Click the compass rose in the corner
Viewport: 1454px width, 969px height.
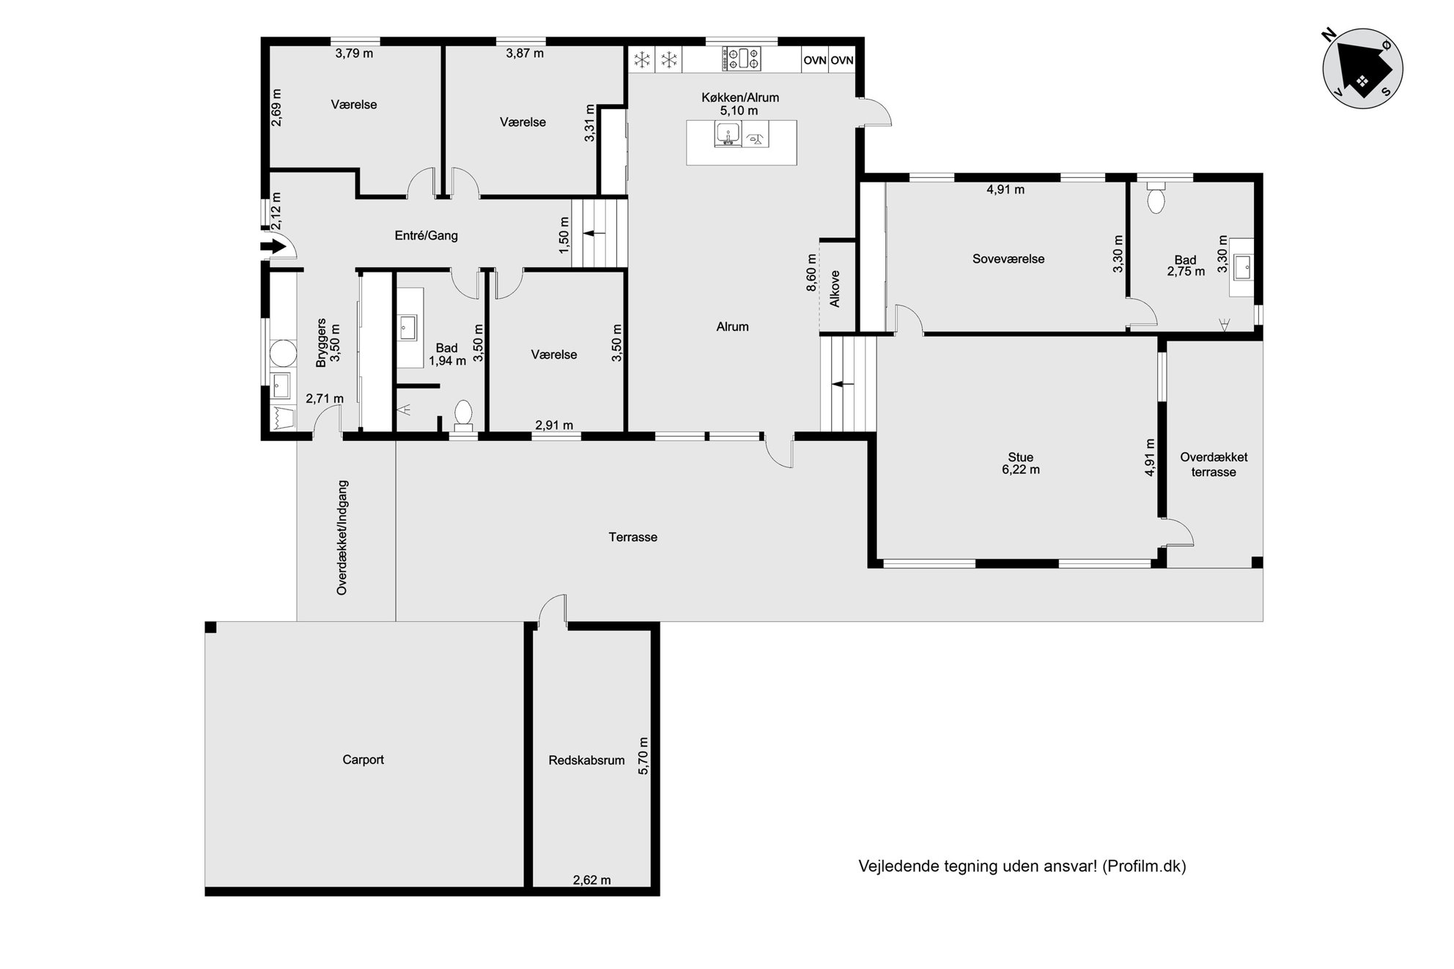[x=1362, y=69]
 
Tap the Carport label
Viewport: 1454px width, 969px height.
[x=363, y=760]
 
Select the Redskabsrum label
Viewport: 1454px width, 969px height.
[x=586, y=761]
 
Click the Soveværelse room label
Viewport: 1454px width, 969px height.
[x=1008, y=259]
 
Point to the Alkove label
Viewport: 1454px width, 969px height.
[x=835, y=289]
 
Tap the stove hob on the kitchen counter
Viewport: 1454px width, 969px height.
[x=742, y=59]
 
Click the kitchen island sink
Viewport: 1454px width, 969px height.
[x=727, y=135]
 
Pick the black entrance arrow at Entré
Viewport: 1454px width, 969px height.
[x=273, y=247]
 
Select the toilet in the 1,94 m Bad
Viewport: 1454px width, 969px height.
[x=463, y=415]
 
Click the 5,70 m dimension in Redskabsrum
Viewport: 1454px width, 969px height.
[x=644, y=756]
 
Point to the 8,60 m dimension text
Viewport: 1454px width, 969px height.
[x=811, y=272]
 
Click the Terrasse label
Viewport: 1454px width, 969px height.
[x=633, y=538]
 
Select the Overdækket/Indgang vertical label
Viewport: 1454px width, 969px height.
[x=342, y=538]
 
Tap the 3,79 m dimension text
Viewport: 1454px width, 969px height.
[x=354, y=53]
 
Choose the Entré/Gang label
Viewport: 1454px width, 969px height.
[x=426, y=236]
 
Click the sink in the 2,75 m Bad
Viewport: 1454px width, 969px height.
[x=1243, y=267]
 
